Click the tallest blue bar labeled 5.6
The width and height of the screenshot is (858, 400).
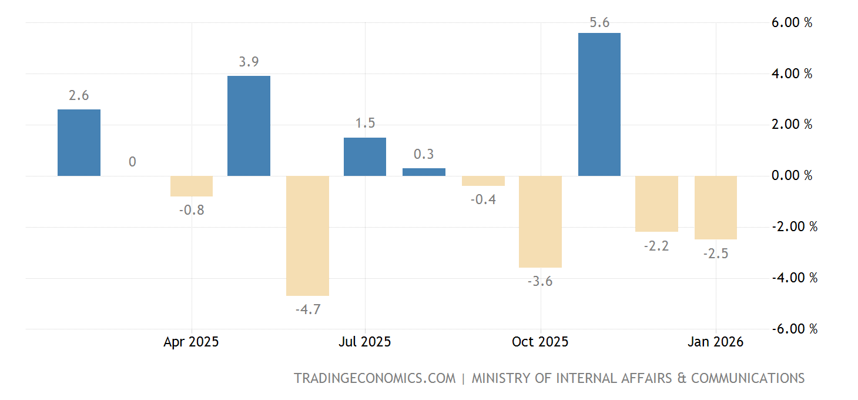tap(599, 104)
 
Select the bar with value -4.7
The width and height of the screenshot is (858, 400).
tap(307, 235)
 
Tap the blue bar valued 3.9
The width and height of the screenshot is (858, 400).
tap(249, 126)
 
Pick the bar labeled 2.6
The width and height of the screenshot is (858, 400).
tap(79, 142)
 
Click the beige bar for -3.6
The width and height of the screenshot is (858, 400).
tap(540, 222)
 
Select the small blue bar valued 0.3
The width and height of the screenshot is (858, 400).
tap(424, 172)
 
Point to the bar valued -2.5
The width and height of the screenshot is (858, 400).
tap(715, 208)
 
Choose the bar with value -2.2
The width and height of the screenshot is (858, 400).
tap(656, 204)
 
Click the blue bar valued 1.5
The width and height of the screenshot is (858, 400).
tap(365, 156)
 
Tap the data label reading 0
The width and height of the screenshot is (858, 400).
tap(132, 162)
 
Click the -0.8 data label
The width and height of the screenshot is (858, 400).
tap(192, 210)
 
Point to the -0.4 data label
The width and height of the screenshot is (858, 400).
tap(483, 200)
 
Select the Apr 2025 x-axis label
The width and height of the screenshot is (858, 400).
tap(191, 342)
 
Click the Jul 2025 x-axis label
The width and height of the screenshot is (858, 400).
tap(365, 342)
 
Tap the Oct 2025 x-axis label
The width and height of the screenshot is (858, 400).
tap(540, 342)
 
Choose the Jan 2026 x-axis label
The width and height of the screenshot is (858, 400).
tap(715, 342)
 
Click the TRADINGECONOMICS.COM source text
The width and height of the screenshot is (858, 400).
tap(374, 378)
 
